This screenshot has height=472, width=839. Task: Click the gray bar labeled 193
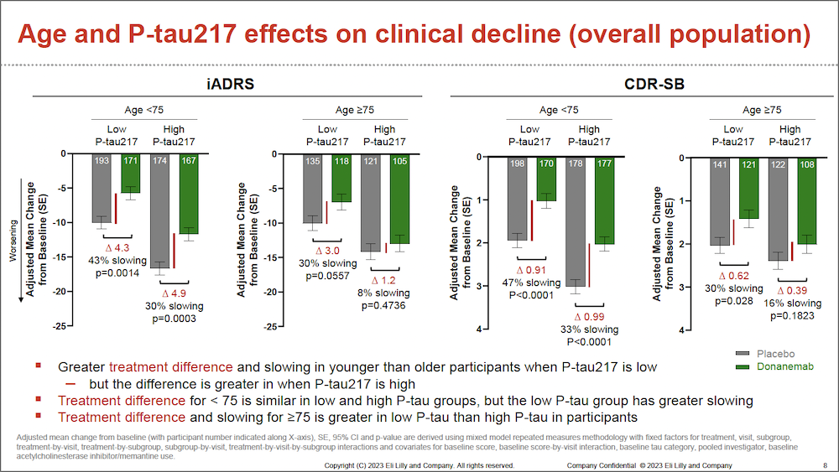[x=101, y=189]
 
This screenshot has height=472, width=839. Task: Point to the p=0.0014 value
[x=115, y=273]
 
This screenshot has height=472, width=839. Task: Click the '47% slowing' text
[x=530, y=283]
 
